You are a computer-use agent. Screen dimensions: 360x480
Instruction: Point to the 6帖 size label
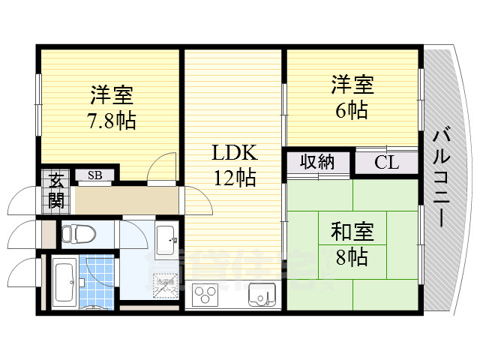(351, 110)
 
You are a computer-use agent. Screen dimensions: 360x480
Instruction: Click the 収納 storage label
(317, 161)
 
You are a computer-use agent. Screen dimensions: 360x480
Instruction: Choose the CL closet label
(387, 162)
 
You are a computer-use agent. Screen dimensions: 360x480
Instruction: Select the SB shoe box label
(95, 175)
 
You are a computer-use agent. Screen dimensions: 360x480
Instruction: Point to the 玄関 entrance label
(57, 190)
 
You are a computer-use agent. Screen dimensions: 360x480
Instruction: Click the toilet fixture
(74, 234)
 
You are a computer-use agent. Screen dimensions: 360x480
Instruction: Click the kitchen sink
(261, 294)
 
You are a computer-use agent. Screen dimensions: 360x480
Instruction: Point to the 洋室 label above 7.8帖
(112, 95)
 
